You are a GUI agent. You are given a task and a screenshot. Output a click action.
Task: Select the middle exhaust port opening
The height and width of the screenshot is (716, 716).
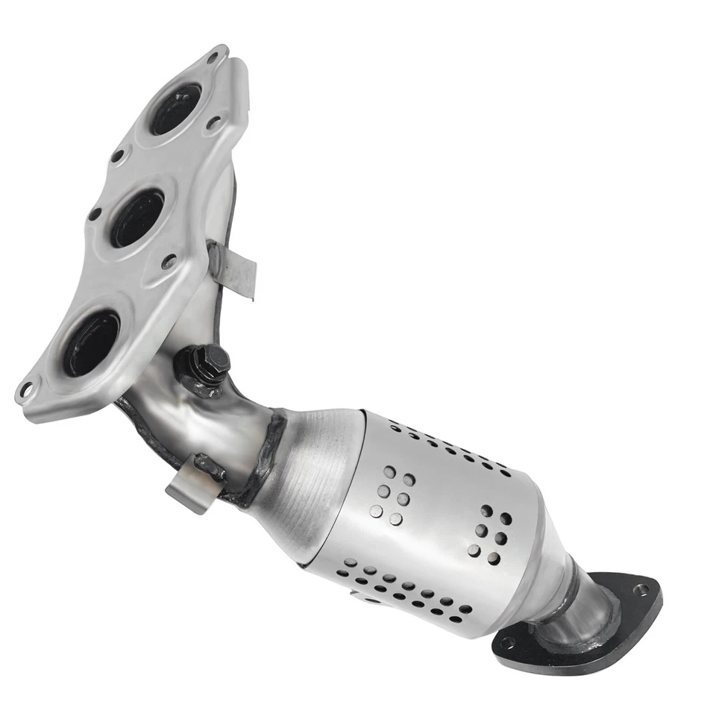137,217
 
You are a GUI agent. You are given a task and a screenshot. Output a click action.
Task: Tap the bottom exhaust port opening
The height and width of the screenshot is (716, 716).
91,342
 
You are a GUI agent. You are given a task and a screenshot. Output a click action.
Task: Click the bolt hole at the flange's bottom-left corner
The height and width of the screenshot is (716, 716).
27,389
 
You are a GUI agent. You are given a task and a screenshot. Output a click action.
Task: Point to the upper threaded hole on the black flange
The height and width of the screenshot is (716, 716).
639,589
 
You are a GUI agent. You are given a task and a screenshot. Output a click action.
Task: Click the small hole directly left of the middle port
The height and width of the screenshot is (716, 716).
95,214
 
